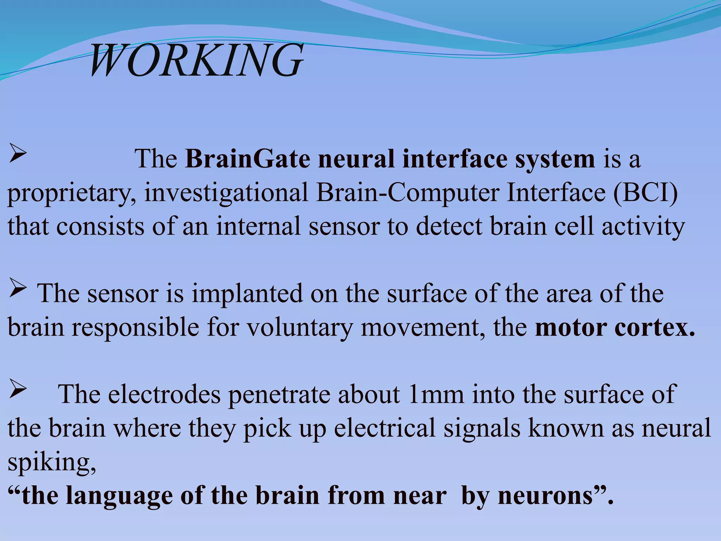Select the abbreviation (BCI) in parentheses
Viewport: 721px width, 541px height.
(645, 193)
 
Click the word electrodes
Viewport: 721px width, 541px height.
(164, 394)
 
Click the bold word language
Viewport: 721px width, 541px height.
(119, 496)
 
